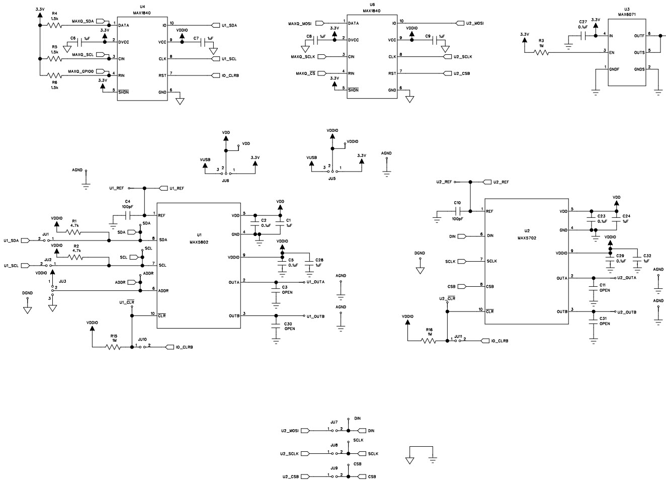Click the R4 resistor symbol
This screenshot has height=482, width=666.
click(x=54, y=24)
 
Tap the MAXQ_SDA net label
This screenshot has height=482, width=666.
click(x=83, y=22)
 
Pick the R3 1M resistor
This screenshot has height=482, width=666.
click(x=541, y=52)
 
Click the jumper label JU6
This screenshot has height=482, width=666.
click(x=225, y=180)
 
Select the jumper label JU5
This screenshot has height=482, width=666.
click(x=331, y=179)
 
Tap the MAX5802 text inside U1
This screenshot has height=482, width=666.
click(x=199, y=242)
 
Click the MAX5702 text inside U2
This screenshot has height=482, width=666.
click(x=527, y=237)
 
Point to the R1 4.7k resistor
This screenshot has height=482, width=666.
click(x=74, y=232)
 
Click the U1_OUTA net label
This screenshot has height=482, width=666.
click(x=315, y=282)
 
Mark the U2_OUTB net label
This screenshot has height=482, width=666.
click(x=627, y=312)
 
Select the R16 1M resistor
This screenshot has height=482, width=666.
click(x=428, y=341)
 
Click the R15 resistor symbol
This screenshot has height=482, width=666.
click(x=114, y=347)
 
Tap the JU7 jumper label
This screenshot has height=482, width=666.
click(x=334, y=422)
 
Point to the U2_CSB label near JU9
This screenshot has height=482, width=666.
click(x=290, y=476)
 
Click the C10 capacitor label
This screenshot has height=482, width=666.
click(x=457, y=203)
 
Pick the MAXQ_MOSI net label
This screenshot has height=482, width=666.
click(x=300, y=24)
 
